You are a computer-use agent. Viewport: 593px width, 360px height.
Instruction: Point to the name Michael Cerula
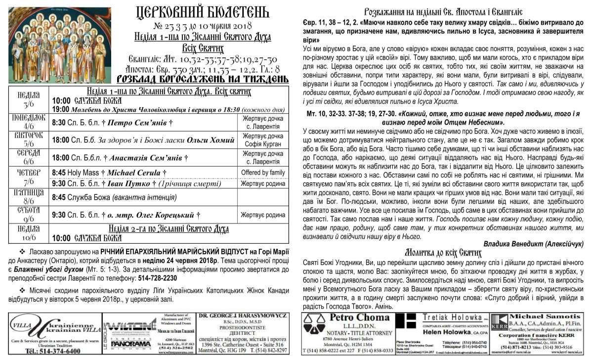(134, 173)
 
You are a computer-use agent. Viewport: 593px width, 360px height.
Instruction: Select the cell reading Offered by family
(262, 173)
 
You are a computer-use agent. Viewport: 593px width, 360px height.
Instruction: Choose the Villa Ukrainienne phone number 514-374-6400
(53, 351)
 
